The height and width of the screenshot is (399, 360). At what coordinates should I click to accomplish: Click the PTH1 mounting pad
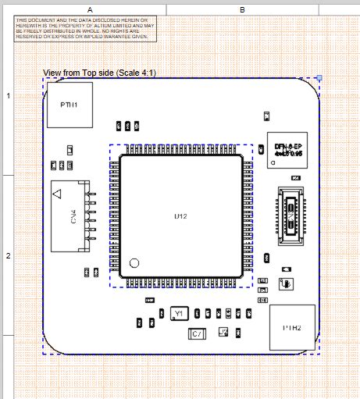pyautogui.click(x=70, y=104)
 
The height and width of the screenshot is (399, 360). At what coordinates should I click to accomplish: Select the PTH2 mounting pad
pyautogui.click(x=291, y=327)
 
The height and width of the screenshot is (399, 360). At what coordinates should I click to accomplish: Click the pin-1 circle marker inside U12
pyautogui.click(x=134, y=263)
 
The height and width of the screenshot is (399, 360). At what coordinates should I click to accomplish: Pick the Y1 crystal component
pyautogui.click(x=179, y=313)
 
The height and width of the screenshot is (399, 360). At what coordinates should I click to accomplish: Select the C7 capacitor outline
pyautogui.click(x=198, y=334)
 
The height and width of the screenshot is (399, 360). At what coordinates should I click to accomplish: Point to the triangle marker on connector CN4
pyautogui.click(x=59, y=193)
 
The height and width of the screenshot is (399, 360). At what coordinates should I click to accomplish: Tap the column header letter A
pyautogui.click(x=90, y=9)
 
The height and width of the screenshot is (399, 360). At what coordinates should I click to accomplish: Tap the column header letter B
pyautogui.click(x=242, y=9)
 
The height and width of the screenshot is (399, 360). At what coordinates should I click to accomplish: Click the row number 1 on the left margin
pyautogui.click(x=8, y=95)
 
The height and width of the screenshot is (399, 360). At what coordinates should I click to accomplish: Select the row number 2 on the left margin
pyautogui.click(x=8, y=255)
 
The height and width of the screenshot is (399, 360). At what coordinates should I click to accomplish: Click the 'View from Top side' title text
pyautogui.click(x=99, y=73)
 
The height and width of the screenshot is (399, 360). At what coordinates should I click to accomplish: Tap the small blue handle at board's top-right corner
pyautogui.click(x=319, y=78)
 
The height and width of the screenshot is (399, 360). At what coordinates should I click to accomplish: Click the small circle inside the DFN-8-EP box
pyautogui.click(x=273, y=163)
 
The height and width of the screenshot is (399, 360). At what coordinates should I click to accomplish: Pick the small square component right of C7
pyautogui.click(x=223, y=332)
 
